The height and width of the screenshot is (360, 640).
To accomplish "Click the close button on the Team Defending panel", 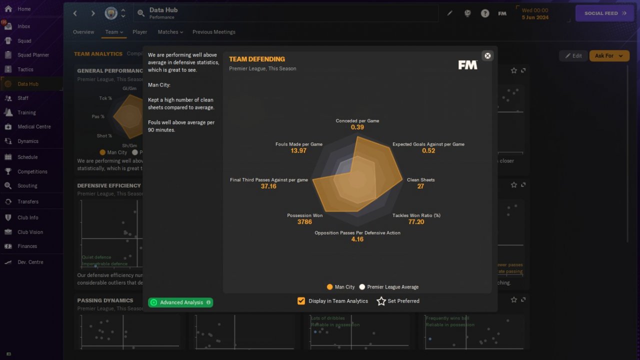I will pos(487,55).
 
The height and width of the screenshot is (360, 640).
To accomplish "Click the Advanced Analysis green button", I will pos(180,302).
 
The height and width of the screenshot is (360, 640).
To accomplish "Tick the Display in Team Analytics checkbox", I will pos(301,301).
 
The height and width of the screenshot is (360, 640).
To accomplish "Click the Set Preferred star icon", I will pos(381,301).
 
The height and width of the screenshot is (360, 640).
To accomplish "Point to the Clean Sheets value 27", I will pos(420,186).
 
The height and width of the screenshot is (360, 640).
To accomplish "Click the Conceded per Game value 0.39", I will pos(357,127).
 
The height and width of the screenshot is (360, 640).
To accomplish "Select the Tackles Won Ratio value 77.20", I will pos(416,222).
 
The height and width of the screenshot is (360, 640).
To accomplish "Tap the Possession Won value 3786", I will pos(304,222).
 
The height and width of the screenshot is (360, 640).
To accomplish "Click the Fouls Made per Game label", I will pos(298,144).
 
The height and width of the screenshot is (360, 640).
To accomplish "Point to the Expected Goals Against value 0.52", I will pos(428,151).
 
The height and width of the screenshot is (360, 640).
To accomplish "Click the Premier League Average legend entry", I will pos(389,287).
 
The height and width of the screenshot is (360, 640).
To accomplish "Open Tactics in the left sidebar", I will pos(25,69).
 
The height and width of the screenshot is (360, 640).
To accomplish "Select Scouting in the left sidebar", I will pos(27,185).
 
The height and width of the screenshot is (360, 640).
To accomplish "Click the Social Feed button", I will pos(605,13).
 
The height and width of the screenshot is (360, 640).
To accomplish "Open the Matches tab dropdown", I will pos(170,32).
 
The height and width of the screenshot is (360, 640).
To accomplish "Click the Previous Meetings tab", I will pos(213,32).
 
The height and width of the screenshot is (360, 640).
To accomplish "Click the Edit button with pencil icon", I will pos(573,56).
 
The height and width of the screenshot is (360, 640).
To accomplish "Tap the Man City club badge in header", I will pos(111,13).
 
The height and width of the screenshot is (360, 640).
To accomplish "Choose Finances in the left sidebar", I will pos(27,246).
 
